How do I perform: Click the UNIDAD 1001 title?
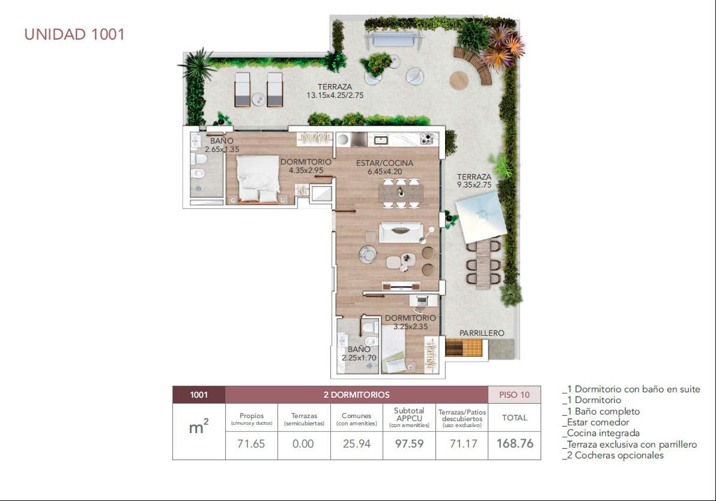pyautogui.click(x=74, y=34)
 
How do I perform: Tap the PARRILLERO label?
pyautogui.click(x=482, y=333)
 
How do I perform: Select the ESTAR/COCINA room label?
pyautogui.click(x=384, y=163)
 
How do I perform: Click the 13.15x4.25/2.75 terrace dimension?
pyautogui.click(x=335, y=96)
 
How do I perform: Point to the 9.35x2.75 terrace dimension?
pyautogui.click(x=474, y=185)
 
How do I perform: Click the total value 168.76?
pyautogui.click(x=515, y=443)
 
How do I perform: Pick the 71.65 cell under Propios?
pyautogui.click(x=251, y=444)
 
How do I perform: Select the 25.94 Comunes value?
pyautogui.click(x=357, y=444)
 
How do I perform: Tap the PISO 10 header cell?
pyautogui.click(x=514, y=395)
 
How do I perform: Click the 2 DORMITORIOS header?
pyautogui.click(x=357, y=395)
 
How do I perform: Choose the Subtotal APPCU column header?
pyautogui.click(x=409, y=417)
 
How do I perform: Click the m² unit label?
pyautogui.click(x=199, y=427)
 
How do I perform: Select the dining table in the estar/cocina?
pyautogui.click(x=401, y=193)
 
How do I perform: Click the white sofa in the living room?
pyautogui.click(x=401, y=232)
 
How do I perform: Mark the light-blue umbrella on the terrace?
pyautogui.click(x=481, y=217)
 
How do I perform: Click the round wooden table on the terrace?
pyautogui.click(x=459, y=80)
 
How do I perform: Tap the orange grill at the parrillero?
pyautogui.click(x=463, y=348)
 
